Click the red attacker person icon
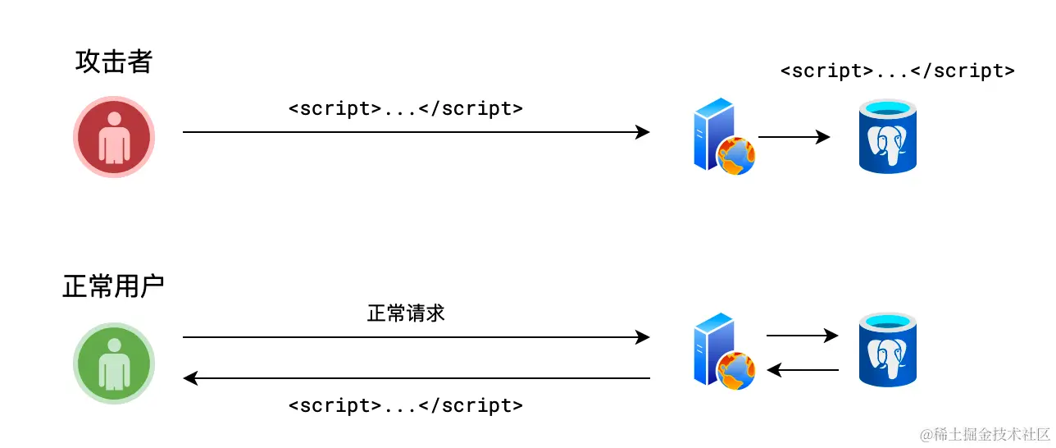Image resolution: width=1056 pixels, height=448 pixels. (114, 136)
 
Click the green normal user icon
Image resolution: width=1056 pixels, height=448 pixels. (114, 363)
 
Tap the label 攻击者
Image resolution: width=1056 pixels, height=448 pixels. (114, 62)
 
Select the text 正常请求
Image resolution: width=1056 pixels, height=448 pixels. (406, 313)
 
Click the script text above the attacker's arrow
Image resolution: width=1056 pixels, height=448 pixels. (406, 108)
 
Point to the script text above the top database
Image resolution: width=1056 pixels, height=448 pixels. (898, 71)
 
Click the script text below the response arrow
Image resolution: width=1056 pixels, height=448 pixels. (406, 405)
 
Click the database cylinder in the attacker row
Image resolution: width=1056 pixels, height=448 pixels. (887, 136)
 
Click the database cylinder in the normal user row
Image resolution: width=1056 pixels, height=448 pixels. (887, 350)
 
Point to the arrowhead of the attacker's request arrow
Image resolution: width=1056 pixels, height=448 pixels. (644, 132)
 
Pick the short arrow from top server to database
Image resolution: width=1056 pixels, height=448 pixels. (794, 137)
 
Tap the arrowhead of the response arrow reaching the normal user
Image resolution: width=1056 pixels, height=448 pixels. (189, 378)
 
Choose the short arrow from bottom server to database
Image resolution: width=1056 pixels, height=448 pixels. (802, 335)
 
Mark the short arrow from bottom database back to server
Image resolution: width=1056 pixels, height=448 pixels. (802, 370)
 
